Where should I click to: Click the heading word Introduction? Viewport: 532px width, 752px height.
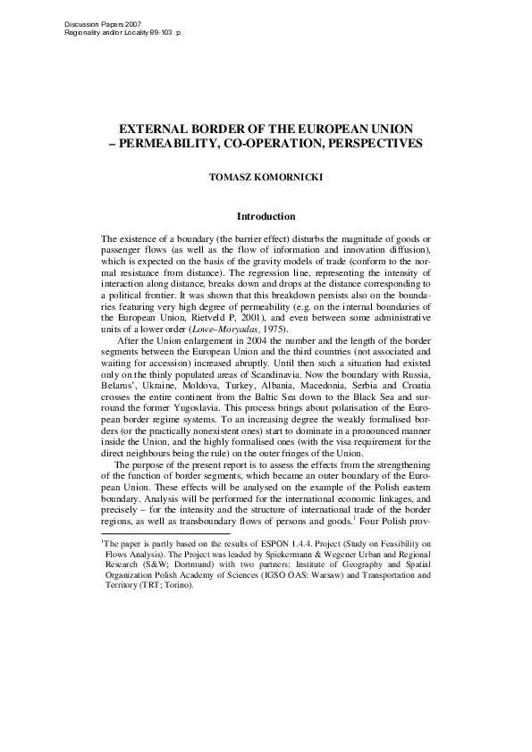pyautogui.click(x=266, y=216)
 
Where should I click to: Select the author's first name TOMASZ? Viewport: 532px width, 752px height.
pyautogui.click(x=230, y=178)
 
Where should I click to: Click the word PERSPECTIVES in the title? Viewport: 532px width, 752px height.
pyautogui.click(x=367, y=143)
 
